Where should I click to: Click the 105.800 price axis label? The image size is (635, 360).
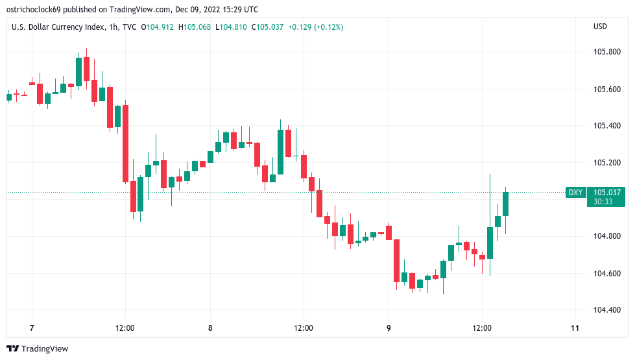tap(608, 52)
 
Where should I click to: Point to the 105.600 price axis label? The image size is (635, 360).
tap(608, 90)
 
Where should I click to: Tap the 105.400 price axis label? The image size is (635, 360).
tap(608, 126)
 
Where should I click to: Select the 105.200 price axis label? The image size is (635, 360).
tap(608, 163)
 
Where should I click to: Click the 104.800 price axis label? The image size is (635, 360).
tap(608, 236)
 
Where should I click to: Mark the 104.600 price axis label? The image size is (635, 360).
tap(608, 274)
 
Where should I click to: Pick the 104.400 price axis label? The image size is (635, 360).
tap(608, 310)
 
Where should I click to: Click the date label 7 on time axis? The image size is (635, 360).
tap(31, 328)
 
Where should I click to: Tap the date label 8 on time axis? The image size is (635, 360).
tap(210, 328)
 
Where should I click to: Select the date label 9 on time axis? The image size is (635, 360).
tap(389, 328)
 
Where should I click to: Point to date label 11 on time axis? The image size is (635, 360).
tap(575, 328)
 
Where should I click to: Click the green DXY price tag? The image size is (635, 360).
tap(575, 193)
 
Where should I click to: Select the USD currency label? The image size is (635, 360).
tap(600, 27)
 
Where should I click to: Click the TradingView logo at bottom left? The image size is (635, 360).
tap(38, 349)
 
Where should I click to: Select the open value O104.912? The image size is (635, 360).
tap(156, 27)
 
